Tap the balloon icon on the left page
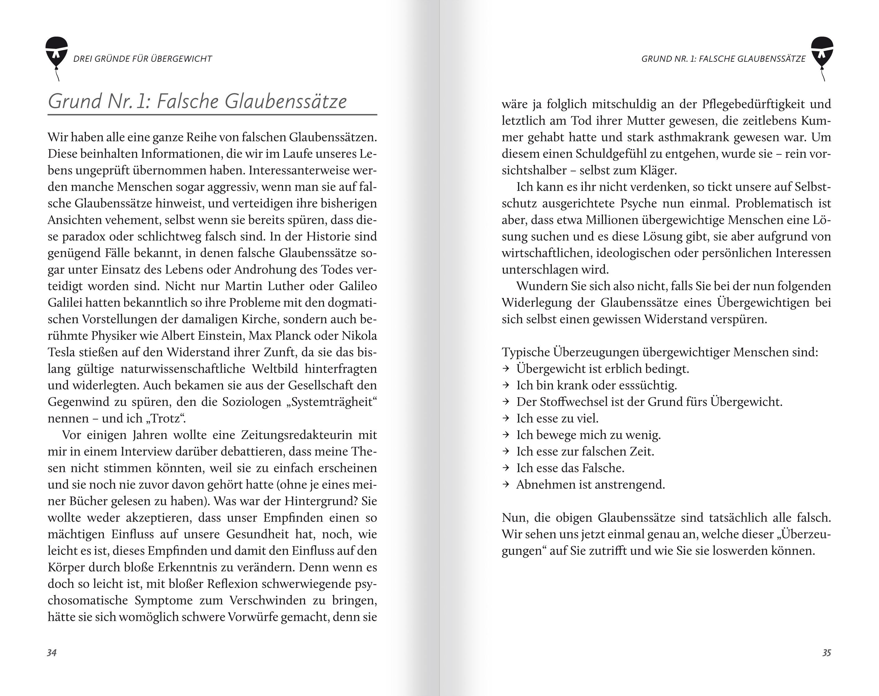[x=57, y=53]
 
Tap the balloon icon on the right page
[x=822, y=53]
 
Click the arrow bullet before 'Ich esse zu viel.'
[x=506, y=418]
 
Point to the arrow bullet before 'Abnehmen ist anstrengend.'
[x=506, y=484]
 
